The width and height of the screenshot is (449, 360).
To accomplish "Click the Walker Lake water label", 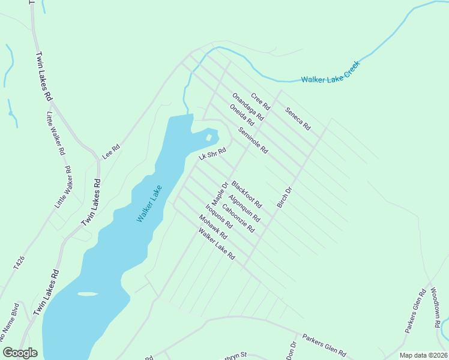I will [149, 204].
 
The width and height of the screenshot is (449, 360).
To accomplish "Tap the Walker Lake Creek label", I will [330, 72].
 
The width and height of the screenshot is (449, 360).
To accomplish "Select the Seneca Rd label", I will [298, 119].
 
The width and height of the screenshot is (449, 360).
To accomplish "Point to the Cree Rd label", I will [261, 102].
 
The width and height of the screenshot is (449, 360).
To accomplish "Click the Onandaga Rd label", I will [249, 109].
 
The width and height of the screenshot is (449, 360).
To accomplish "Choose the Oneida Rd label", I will [242, 115].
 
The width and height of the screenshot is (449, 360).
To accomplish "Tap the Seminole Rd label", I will [252, 140].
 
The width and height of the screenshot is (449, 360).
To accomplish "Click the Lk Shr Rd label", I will [212, 154].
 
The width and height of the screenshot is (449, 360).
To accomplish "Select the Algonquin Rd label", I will [244, 208].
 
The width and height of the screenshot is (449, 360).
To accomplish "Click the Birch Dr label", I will [284, 198].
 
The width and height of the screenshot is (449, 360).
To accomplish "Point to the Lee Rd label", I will [111, 151].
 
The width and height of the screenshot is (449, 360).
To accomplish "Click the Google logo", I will [20, 353].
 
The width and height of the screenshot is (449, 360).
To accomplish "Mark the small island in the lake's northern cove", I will [208, 137].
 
